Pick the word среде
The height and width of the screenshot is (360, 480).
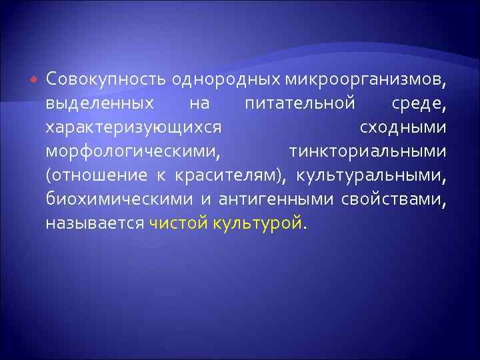415,104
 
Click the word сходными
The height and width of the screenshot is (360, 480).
403,127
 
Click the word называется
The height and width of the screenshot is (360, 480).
95,223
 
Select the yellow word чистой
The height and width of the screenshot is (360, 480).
179,223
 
